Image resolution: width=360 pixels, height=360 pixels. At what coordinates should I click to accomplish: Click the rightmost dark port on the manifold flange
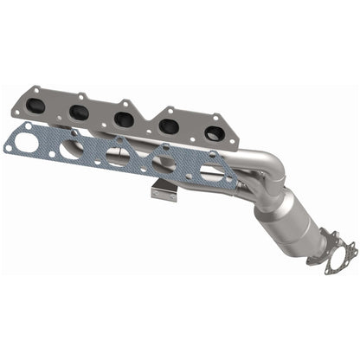click(x=213, y=133)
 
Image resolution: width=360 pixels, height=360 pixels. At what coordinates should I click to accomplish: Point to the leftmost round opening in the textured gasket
click(x=28, y=144)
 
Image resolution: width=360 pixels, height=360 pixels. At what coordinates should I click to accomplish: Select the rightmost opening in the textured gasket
click(x=210, y=172)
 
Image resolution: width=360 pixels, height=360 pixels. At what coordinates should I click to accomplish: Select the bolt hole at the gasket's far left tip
click(x=10, y=148)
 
